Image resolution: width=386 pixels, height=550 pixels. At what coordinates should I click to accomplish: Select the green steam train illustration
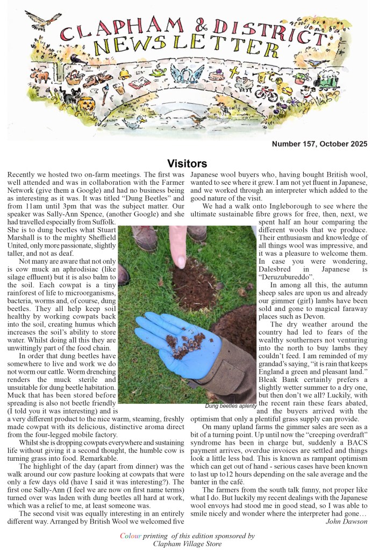339,84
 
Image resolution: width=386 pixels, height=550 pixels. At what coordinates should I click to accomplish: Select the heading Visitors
187,163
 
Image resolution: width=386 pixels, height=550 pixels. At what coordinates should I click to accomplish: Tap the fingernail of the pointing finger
178,260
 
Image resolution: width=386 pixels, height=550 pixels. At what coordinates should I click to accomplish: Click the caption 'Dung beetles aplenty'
231,407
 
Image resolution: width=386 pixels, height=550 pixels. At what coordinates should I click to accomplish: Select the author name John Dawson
346,521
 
